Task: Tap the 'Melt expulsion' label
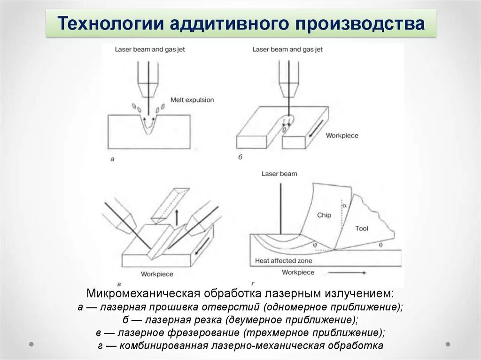(x=192, y=100)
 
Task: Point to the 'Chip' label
(x=324, y=215)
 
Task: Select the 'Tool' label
(x=362, y=229)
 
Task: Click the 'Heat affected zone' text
(x=283, y=260)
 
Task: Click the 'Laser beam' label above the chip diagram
(x=279, y=174)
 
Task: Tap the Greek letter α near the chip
(x=344, y=205)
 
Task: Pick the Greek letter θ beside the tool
(x=380, y=245)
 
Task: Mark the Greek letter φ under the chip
(x=315, y=245)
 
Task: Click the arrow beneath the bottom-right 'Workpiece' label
(x=348, y=272)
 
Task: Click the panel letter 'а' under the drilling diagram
(x=112, y=159)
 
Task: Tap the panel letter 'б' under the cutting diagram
(x=240, y=157)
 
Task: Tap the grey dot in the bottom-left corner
(x=31, y=344)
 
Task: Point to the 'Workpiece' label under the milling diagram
(x=157, y=274)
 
